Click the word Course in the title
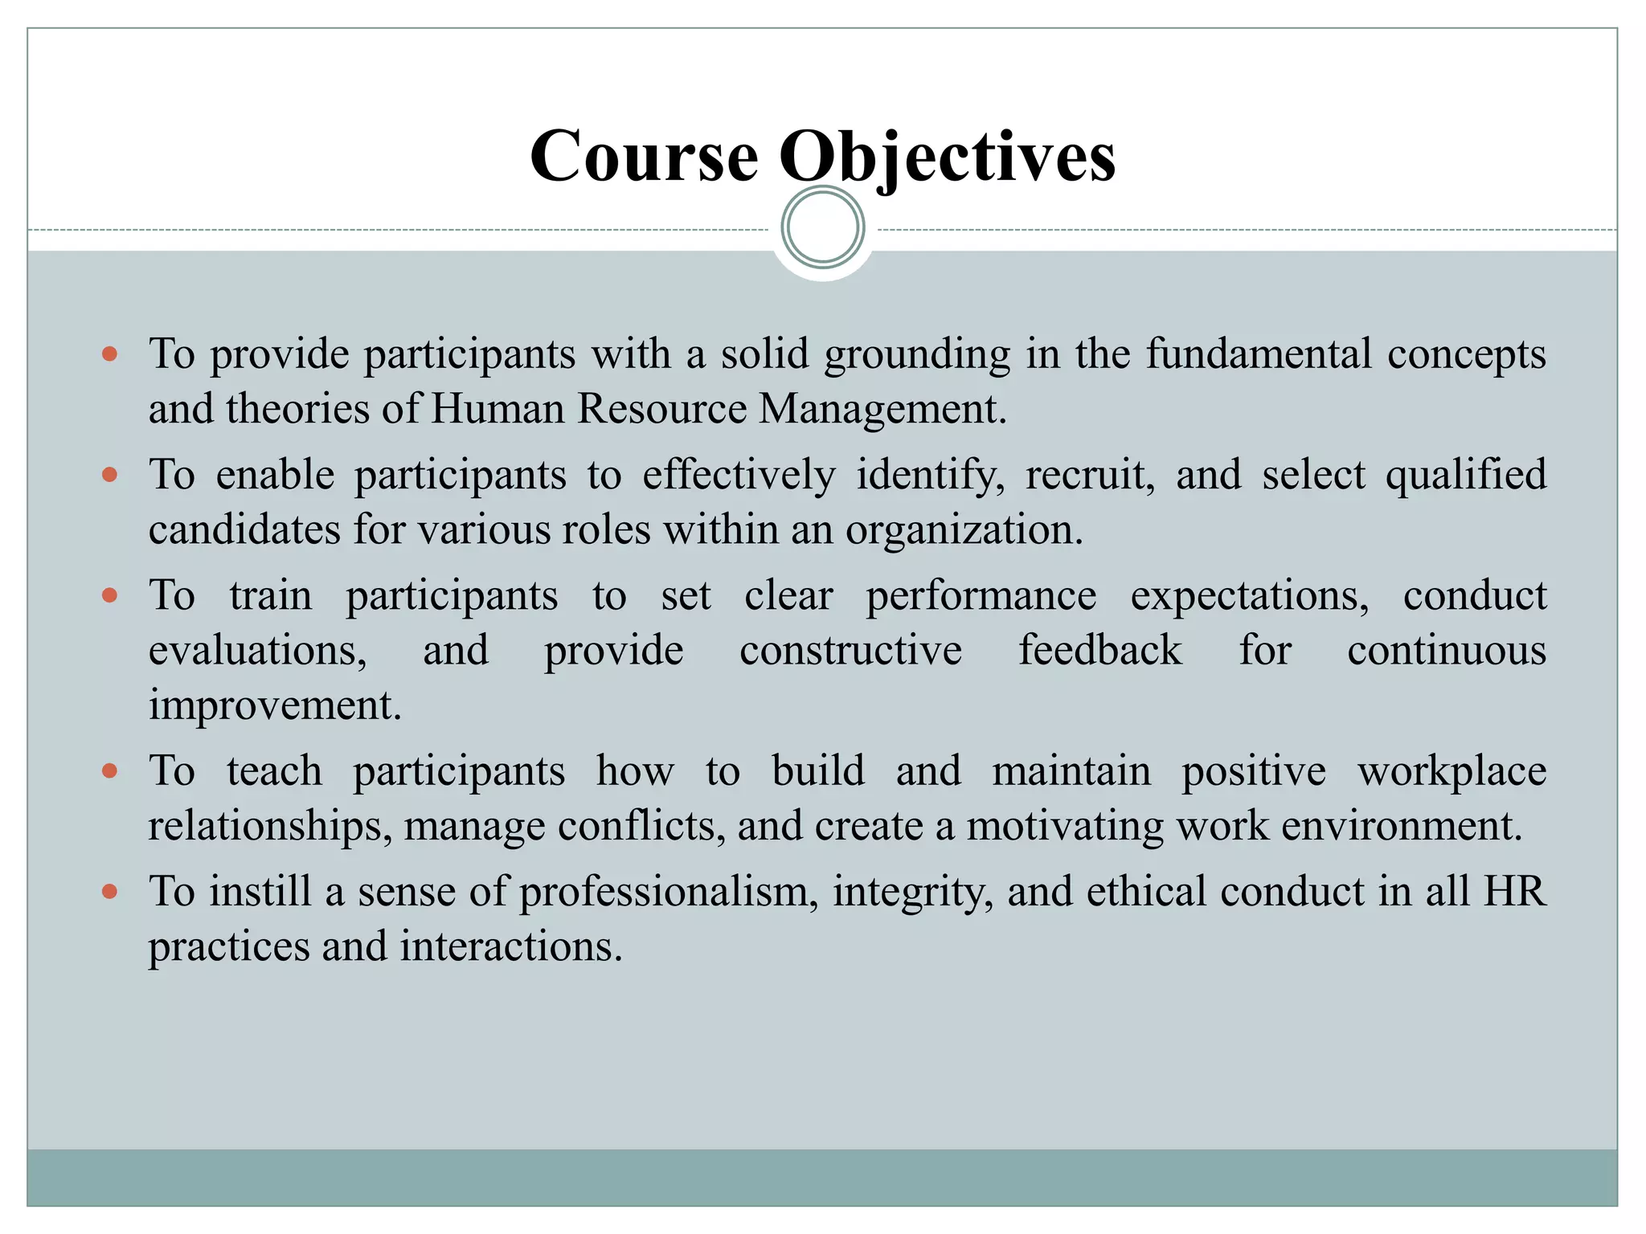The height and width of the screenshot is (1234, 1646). pos(644,156)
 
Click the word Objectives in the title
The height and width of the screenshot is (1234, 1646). pos(948,156)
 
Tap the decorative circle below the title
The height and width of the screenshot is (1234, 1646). pos(822,227)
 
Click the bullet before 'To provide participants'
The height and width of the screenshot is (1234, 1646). pos(111,354)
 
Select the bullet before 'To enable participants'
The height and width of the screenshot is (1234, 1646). pos(111,475)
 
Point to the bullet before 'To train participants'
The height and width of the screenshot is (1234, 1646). pos(111,595)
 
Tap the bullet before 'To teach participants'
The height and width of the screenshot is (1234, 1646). pos(111,771)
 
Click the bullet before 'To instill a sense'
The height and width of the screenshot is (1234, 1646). pos(111,892)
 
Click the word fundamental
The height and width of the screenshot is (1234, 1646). pos(1259,353)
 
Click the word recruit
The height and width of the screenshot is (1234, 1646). pos(1090,474)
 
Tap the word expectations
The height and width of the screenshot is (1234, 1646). pos(1250,595)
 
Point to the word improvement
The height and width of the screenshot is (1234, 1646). pos(274,705)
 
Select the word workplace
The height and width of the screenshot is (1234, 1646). pos(1452,771)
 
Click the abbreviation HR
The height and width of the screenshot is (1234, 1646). pos(1514,892)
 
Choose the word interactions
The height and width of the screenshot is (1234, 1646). pos(511,946)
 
